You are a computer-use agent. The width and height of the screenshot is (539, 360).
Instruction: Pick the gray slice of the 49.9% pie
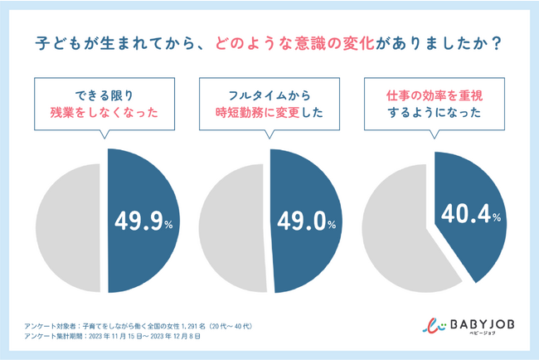(x=66, y=228)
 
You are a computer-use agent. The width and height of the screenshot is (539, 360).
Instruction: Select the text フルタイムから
(x=270, y=94)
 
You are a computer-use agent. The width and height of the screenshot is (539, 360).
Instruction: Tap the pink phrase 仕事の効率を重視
(x=435, y=94)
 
